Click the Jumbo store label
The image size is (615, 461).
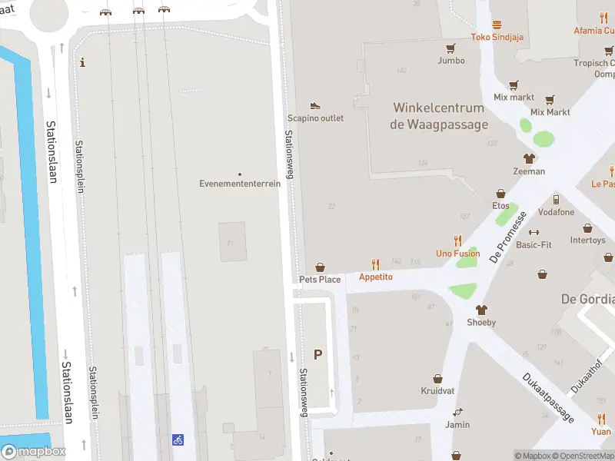(451, 60)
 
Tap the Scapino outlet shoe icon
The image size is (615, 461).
(315, 105)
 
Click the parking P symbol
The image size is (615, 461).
(317, 354)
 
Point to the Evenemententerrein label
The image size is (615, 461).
(240, 184)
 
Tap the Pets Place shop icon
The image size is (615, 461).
(320, 267)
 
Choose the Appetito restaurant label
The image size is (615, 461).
(376, 277)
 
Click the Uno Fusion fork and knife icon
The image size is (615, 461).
(458, 240)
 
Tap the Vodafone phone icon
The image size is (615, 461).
(534, 199)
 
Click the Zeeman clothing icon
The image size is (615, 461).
(529, 158)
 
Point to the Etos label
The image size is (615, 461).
(500, 206)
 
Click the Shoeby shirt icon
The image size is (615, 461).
(482, 310)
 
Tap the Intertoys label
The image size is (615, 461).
(588, 240)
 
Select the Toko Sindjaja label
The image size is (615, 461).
(497, 37)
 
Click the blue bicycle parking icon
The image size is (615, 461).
(178, 440)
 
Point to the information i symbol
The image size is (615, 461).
(83, 62)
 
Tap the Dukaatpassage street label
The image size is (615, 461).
(548, 397)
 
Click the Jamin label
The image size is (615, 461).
(457, 424)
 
